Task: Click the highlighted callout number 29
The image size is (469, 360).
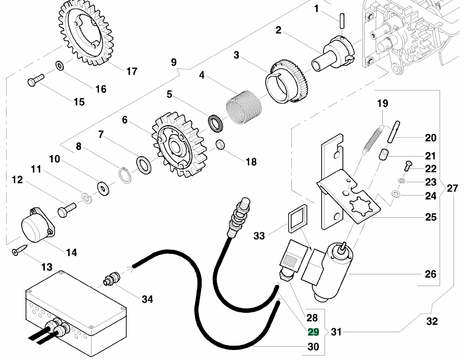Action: (313, 332)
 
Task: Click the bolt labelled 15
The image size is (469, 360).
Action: (35, 82)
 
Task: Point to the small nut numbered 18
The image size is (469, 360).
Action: (219, 145)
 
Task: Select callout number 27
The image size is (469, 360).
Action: (452, 188)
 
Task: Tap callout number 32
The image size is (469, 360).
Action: (432, 321)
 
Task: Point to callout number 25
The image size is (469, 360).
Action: (431, 217)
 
